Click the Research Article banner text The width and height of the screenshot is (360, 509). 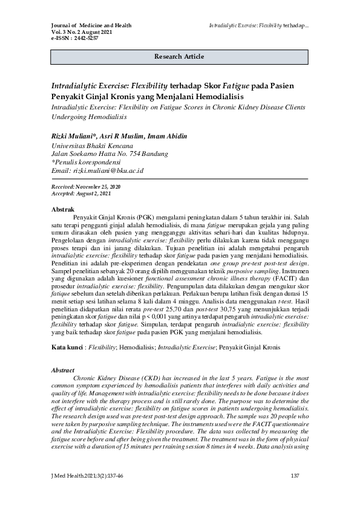179,56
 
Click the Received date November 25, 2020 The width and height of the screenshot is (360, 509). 100,188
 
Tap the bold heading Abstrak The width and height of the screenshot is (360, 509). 63,209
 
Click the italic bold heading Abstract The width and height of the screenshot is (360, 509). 62,370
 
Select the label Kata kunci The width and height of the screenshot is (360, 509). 66,349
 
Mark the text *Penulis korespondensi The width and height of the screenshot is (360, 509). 86,162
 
